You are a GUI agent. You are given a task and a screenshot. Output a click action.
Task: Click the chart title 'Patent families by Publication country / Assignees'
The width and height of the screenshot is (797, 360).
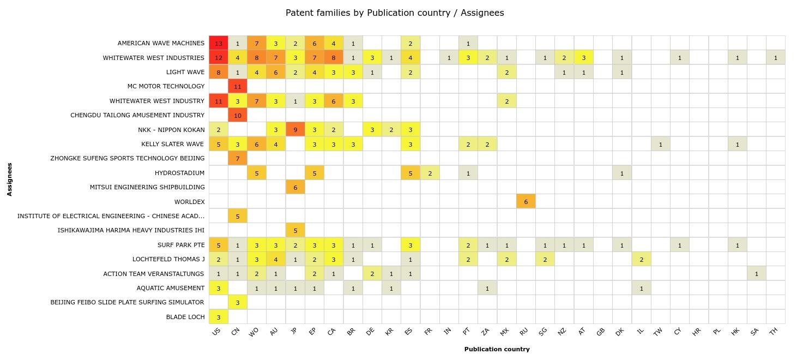point(395,13)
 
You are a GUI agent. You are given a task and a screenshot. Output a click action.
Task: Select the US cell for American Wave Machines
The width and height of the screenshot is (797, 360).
point(219,43)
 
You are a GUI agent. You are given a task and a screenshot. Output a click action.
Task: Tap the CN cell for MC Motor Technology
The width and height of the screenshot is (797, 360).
point(238,86)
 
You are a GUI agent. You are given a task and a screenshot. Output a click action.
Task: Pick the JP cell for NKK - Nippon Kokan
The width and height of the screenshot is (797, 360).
point(295,130)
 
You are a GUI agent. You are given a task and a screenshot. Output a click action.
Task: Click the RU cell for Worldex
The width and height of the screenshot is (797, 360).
point(526,202)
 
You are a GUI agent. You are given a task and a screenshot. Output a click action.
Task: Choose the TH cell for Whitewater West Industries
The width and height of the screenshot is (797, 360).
point(776,57)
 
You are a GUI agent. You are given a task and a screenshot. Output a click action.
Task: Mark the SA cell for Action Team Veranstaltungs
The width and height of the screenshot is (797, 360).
point(757,274)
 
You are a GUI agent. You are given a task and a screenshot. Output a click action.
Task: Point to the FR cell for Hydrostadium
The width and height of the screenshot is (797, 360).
point(430,173)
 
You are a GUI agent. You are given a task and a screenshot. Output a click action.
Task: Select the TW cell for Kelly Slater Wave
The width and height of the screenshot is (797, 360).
point(661,144)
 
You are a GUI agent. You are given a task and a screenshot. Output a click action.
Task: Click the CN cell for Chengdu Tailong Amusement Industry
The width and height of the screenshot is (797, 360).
point(238,115)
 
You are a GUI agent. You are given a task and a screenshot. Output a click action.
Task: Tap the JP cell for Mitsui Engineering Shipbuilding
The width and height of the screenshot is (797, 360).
point(295,187)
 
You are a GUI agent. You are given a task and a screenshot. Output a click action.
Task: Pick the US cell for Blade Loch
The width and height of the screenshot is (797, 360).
point(219,317)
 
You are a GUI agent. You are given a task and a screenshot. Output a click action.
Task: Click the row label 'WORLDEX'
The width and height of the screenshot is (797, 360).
point(190,202)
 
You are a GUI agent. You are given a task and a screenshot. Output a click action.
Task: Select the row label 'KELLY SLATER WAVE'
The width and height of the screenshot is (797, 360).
point(173,144)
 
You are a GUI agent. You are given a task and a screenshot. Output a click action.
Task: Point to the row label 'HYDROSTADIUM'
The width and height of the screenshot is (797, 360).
point(180,173)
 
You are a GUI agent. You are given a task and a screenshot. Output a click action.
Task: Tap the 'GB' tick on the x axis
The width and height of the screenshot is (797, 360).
point(601,331)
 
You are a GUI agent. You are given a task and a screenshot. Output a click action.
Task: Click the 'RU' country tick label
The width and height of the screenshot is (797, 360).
point(524,331)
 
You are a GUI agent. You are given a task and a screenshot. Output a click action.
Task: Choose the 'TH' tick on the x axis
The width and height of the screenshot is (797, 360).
point(774,331)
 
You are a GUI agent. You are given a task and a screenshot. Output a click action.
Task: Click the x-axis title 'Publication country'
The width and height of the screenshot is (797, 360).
point(497,349)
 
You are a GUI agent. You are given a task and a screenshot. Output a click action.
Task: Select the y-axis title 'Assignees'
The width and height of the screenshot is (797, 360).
point(10,179)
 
